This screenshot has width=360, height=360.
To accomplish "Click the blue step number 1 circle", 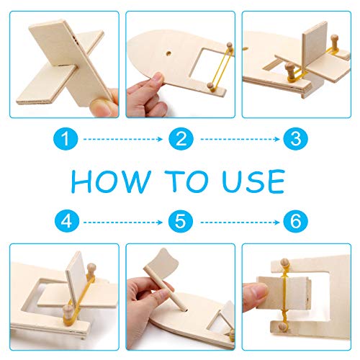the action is [x=66, y=139].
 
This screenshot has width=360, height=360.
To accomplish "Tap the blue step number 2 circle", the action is [x=181, y=139].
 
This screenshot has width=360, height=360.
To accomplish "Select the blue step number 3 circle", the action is [x=295, y=139].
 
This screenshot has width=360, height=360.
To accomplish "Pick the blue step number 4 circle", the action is [x=66, y=221].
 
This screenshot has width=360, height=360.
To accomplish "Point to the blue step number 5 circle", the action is [x=181, y=221].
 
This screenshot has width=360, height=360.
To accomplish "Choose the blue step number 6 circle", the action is [x=295, y=221].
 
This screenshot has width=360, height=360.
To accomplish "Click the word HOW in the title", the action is [x=111, y=181].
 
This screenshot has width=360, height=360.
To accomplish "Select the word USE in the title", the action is [x=253, y=181].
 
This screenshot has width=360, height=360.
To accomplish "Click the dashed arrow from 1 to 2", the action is [x=123, y=139].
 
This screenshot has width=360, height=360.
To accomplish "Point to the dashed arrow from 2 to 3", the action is [x=240, y=139].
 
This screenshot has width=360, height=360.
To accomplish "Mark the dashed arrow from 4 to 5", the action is [x=123, y=222].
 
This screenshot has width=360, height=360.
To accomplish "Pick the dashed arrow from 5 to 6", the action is [x=240, y=222].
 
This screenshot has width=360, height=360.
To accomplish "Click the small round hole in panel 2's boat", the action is [x=169, y=53].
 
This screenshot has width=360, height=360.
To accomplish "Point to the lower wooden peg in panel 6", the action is [x=282, y=326].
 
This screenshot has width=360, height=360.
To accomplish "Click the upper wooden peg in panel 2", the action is [x=230, y=46].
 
